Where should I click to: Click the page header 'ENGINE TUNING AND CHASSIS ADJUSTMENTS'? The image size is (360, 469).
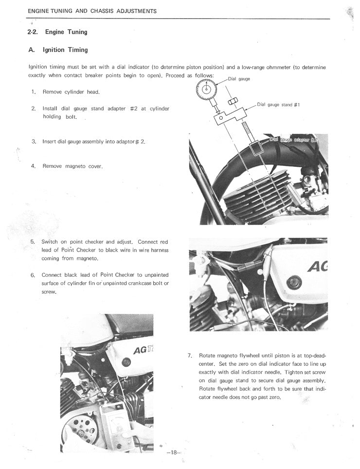(x=92, y=11)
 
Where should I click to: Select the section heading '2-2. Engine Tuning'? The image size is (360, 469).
(x=57, y=32)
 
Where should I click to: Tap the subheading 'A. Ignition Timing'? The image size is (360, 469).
(x=58, y=50)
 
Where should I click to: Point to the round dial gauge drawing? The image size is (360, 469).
(x=206, y=89)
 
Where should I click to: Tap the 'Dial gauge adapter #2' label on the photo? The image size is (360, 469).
(x=297, y=139)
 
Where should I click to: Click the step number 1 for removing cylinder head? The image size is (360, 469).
(x=34, y=91)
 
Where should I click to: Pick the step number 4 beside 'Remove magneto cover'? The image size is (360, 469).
(x=34, y=166)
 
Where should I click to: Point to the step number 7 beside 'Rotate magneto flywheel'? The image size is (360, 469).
(x=190, y=356)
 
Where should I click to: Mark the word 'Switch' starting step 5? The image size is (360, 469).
(x=50, y=242)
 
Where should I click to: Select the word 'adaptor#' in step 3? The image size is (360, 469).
(x=127, y=142)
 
